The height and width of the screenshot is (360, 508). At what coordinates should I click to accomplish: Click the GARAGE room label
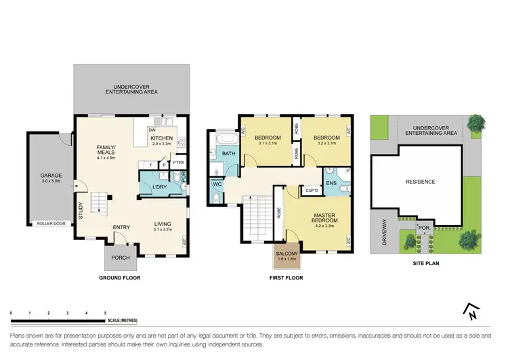click(x=50, y=175)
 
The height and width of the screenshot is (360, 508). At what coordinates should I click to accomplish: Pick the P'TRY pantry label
click(x=179, y=163)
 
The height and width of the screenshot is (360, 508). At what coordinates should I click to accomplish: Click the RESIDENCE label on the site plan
click(x=420, y=181)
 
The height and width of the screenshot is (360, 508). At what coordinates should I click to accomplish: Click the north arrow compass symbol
click(x=469, y=311)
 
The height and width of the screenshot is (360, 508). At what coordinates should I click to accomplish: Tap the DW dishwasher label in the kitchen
click(x=152, y=130)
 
